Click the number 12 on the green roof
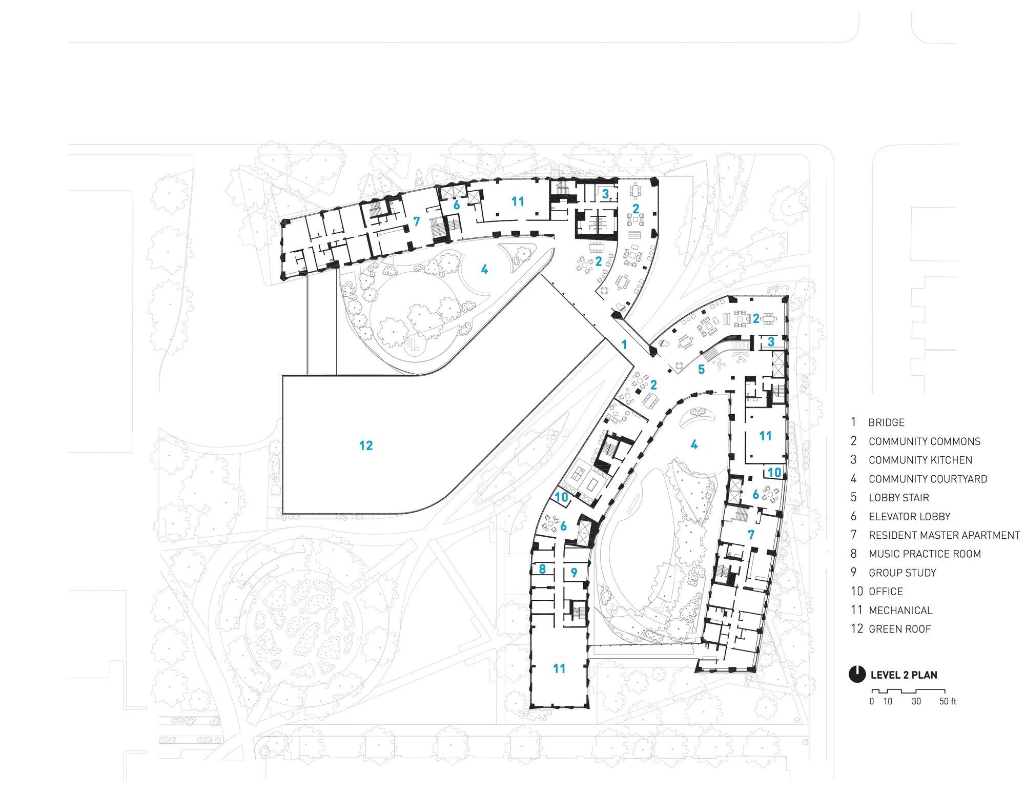click(x=366, y=445)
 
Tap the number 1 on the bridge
click(x=624, y=344)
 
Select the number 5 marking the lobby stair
click(x=701, y=370)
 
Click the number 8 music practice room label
click(x=542, y=569)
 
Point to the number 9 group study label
click(x=574, y=573)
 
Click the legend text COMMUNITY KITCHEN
click(x=920, y=460)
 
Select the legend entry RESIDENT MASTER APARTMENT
click(x=944, y=535)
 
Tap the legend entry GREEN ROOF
click(x=899, y=629)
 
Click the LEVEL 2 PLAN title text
click(x=904, y=675)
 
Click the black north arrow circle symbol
click(x=857, y=675)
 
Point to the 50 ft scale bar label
click(x=948, y=701)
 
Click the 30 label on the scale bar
click(x=916, y=701)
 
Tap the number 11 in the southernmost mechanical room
click(x=559, y=668)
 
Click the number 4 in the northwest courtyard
click(x=484, y=269)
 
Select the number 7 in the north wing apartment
click(x=417, y=221)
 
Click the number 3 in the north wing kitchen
click(x=605, y=194)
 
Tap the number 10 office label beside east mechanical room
click(x=774, y=472)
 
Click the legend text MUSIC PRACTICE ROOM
click(x=925, y=554)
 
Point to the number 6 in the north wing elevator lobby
click(x=456, y=205)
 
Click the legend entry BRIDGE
click(x=886, y=423)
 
